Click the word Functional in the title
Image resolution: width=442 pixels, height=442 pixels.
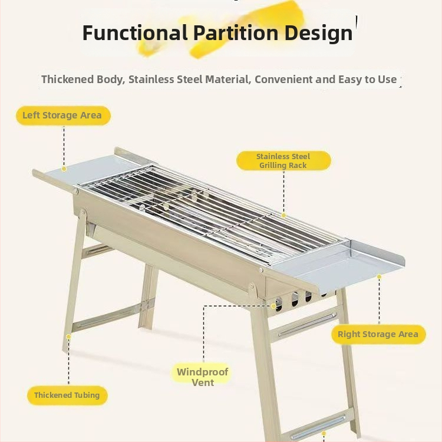click(x=135, y=32)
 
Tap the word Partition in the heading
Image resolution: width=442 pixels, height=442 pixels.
click(x=236, y=32)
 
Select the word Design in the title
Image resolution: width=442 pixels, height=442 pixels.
click(x=318, y=34)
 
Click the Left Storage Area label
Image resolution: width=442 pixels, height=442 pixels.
click(x=63, y=116)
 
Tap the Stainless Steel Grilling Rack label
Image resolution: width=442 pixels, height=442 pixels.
click(x=283, y=161)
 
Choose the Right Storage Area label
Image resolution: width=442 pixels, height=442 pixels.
click(x=378, y=334)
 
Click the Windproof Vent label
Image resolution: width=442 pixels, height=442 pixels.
click(x=202, y=377)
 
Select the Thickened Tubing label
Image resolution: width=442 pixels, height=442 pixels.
click(x=67, y=395)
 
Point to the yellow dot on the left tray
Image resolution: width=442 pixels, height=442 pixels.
click(x=64, y=169)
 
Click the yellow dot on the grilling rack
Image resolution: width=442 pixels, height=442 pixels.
click(x=283, y=216)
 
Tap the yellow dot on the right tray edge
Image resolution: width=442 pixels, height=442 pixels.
click(x=380, y=276)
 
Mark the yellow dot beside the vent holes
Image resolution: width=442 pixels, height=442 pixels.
click(x=273, y=306)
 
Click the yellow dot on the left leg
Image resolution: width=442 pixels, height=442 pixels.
click(x=68, y=337)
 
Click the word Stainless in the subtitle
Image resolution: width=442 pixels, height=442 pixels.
click(x=151, y=80)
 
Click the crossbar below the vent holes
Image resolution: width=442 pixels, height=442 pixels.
click(x=305, y=326)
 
